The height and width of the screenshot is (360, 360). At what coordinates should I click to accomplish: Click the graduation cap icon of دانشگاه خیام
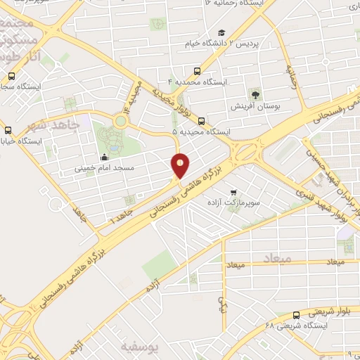[x=221, y=32]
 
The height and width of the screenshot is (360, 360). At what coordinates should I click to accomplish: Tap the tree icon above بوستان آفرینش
[x=255, y=94]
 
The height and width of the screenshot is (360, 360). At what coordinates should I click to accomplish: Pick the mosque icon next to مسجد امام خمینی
[x=105, y=157]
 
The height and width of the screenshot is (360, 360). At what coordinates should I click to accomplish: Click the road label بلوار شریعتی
[x=330, y=311]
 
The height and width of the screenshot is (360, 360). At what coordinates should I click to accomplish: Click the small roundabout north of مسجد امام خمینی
[x=121, y=121]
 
